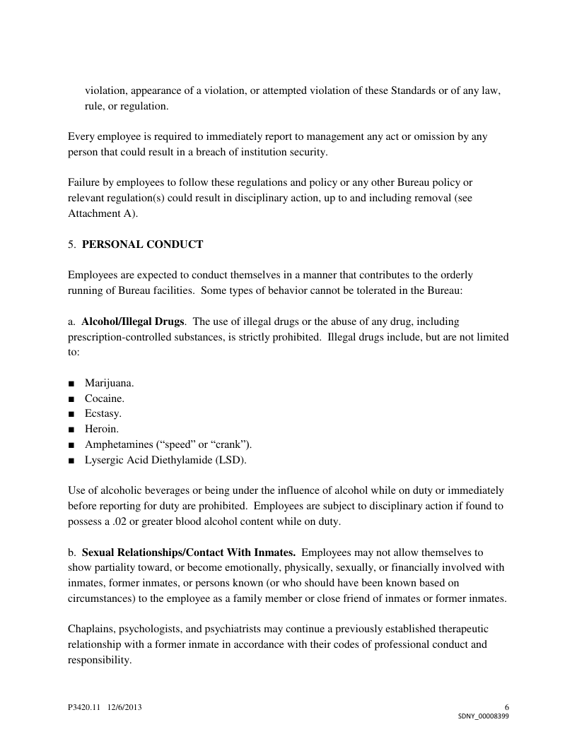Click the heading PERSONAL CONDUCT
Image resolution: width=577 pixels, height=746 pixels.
click(142, 244)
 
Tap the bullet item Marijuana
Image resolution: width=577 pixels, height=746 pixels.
click(110, 383)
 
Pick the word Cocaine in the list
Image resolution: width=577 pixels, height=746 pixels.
click(105, 398)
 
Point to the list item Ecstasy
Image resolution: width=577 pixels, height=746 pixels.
click(103, 413)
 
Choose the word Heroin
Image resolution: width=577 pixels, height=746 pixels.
click(102, 429)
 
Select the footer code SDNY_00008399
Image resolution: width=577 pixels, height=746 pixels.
click(484, 716)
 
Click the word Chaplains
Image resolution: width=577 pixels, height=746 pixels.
click(91, 629)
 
